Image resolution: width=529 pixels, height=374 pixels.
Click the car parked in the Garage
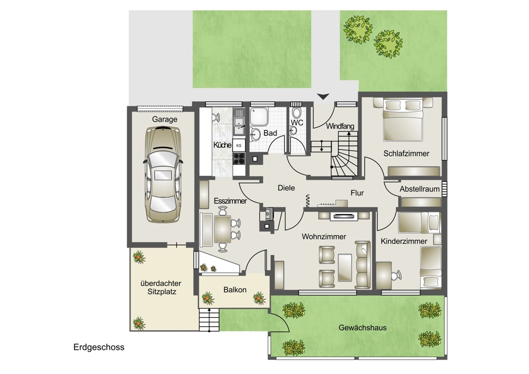[163, 174]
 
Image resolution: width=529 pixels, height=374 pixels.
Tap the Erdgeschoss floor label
[99, 347]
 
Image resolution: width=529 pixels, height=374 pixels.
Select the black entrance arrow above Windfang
[323, 96]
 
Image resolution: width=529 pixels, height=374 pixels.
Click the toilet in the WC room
[297, 112]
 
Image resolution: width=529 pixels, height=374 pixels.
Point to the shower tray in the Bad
[259, 116]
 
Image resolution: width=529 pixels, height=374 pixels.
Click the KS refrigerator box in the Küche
[239, 145]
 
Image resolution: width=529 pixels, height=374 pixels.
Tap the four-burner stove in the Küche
[239, 158]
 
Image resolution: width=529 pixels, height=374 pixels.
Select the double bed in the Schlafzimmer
[403, 119]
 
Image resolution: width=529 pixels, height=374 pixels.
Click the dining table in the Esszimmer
[222, 229]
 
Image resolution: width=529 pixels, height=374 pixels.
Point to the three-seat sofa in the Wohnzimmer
[363, 265]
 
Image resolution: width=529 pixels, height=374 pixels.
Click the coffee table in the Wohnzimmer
[345, 268]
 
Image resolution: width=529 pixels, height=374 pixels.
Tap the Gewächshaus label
[363, 327]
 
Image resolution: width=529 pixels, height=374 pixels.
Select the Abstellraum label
[420, 189]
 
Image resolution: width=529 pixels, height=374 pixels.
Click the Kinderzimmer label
[404, 241]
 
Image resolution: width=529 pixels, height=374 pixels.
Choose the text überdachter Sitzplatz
[161, 288]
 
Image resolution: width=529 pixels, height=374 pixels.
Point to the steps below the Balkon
[209, 320]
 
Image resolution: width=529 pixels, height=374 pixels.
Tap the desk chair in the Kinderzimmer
[396, 275]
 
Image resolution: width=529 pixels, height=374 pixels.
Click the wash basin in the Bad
[255, 134]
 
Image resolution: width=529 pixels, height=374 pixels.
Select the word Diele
[286, 187]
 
